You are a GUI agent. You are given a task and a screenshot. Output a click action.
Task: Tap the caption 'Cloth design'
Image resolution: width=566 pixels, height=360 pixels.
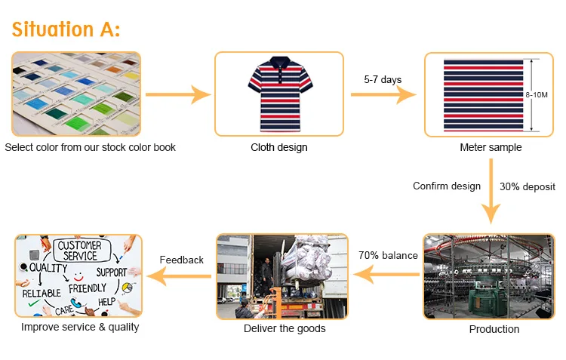279,147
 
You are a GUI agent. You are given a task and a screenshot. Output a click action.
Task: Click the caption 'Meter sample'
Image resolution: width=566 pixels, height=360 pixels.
491,147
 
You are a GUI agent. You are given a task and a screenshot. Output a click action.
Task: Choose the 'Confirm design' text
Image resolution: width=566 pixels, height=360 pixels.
447,186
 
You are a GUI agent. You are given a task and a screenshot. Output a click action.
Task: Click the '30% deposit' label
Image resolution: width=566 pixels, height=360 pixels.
528,186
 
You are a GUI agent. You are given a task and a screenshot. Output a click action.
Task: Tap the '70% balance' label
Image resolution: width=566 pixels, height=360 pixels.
388,255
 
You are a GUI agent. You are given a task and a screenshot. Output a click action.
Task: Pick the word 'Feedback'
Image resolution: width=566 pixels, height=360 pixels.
181,260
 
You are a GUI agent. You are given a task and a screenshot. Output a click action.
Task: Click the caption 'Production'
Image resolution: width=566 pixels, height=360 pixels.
494,329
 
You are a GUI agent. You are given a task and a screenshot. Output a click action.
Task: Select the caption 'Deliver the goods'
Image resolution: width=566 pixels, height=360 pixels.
285,328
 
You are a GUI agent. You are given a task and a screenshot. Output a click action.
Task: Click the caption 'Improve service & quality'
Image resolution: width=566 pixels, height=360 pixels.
80,327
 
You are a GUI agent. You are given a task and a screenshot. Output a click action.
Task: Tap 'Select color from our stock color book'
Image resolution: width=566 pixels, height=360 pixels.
90,147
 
